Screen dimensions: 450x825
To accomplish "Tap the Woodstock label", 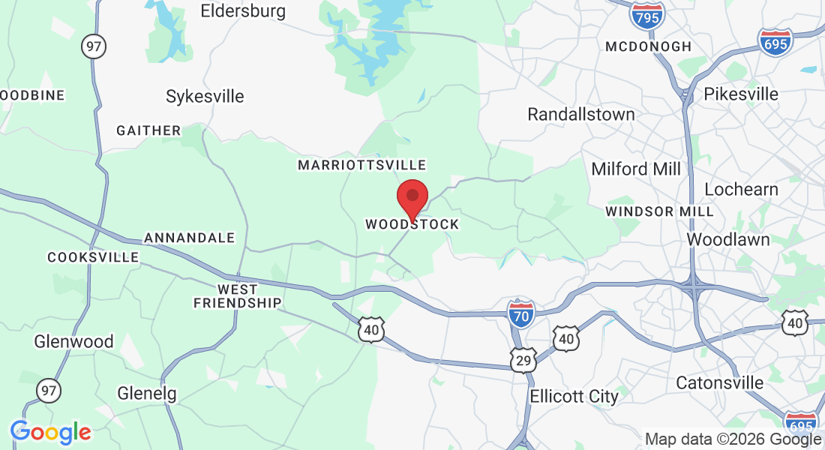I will click(412, 224).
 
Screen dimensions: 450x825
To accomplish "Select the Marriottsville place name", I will click(361, 165).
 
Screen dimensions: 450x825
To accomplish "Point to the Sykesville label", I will click(205, 97).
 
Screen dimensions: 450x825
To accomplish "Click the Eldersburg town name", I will click(243, 11).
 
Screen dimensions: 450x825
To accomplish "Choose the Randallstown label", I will click(581, 115).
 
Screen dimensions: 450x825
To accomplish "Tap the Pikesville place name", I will click(741, 94).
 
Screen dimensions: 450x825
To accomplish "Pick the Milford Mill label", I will click(636, 169).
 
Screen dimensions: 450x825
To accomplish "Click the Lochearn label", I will click(741, 190).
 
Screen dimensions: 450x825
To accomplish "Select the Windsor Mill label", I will click(659, 211).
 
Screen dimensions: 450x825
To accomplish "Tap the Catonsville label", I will click(719, 383).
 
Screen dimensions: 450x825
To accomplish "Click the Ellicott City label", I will click(574, 396).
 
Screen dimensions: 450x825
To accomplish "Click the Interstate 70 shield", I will click(520, 313).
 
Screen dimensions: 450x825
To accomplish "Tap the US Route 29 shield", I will click(523, 360).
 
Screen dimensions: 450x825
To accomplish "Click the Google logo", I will click(50, 432).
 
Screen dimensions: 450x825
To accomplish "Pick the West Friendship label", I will click(237, 296).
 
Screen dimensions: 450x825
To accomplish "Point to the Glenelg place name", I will click(147, 393).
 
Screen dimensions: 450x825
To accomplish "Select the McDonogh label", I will click(649, 46).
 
